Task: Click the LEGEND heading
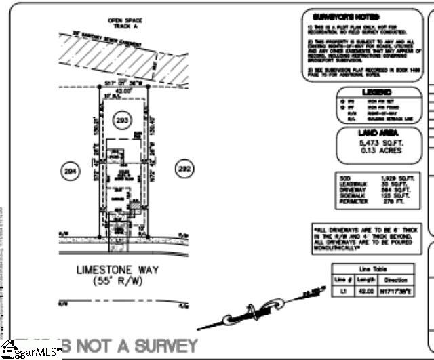[376, 92]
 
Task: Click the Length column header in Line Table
[366, 279]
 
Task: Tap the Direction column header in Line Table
[396, 279]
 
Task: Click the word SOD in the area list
[345, 177]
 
